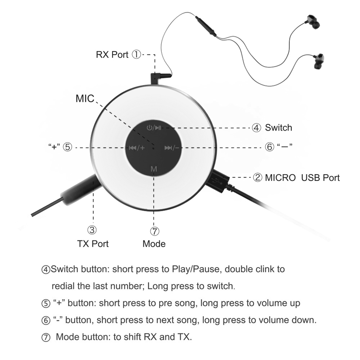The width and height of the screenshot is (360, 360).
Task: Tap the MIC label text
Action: click(x=85, y=99)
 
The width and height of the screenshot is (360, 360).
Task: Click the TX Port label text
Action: click(x=93, y=244)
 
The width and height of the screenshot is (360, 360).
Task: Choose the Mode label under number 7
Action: click(x=154, y=244)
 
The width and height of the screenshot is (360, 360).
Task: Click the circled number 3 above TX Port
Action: click(x=93, y=230)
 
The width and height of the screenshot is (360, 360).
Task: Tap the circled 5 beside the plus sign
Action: click(x=68, y=147)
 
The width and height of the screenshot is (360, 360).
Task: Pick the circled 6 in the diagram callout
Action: click(x=270, y=147)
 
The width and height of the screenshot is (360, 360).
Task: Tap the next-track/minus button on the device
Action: click(x=172, y=148)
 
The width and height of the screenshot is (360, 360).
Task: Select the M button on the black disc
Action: click(x=154, y=169)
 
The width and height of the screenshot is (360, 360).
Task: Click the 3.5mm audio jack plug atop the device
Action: click(x=161, y=77)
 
